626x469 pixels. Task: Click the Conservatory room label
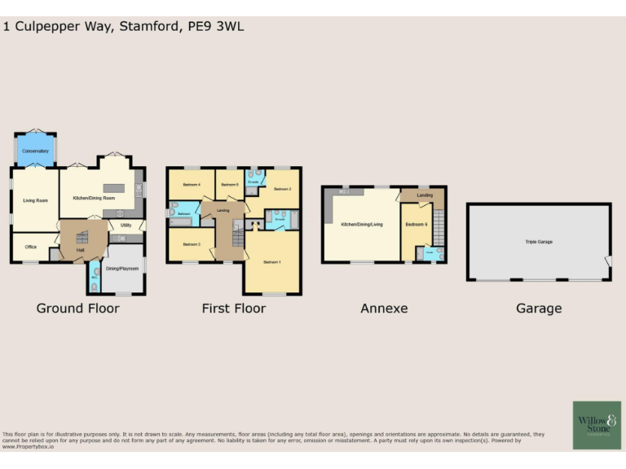35,151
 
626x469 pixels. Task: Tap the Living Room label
34,199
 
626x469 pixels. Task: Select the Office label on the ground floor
31,246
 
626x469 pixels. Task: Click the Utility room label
126,225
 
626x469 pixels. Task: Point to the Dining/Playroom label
123,269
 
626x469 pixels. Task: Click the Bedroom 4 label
192,185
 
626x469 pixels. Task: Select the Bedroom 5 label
229,185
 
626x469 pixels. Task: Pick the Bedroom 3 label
192,244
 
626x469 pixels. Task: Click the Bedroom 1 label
271,262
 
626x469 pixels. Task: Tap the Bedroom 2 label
282,189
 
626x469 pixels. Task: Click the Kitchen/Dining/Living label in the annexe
361,224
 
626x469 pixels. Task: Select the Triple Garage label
538,242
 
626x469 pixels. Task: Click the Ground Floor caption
78,309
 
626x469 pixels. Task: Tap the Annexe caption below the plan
384,309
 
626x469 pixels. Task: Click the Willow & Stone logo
596,424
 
